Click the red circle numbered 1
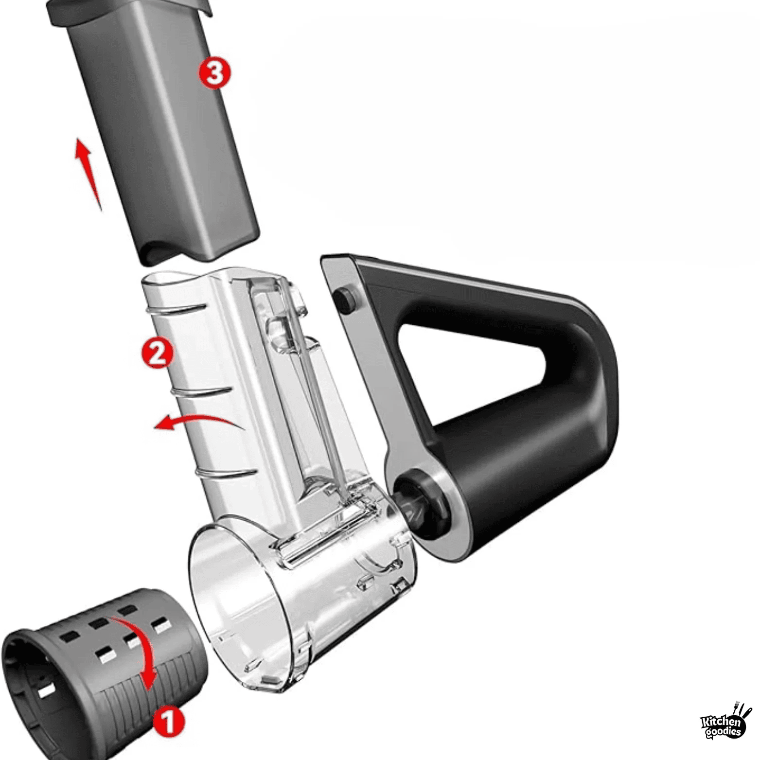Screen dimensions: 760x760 (x=168, y=722)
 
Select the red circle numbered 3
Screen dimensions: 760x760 (x=214, y=73)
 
